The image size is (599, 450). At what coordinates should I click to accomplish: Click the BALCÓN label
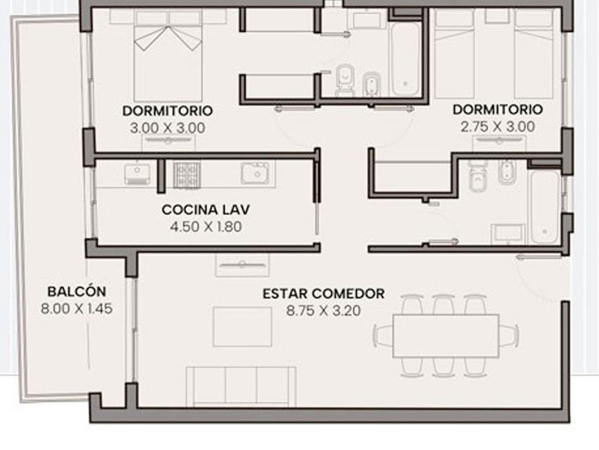(77, 291)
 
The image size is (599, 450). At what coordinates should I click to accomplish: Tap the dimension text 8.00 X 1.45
(77, 309)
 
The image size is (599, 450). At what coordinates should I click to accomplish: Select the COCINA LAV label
(205, 210)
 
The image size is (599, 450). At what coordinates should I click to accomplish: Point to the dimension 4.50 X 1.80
(206, 226)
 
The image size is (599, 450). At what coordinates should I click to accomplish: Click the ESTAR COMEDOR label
(323, 294)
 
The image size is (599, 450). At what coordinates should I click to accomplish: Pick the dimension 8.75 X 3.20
(323, 311)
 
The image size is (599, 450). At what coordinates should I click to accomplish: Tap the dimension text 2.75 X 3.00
(498, 126)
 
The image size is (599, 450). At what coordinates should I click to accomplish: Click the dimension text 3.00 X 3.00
(168, 128)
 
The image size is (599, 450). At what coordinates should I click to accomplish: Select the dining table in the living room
(446, 336)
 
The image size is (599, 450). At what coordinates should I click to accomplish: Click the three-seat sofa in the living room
(241, 386)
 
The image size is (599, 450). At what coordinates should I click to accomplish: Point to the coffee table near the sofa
(242, 326)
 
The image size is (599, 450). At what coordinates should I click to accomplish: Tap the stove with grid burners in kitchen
(187, 175)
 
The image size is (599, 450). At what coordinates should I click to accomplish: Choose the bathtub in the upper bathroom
(405, 59)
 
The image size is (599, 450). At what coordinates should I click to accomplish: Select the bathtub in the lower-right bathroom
(545, 207)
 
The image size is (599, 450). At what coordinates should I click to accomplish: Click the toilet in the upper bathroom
(344, 80)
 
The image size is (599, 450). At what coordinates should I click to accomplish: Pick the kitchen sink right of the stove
(258, 173)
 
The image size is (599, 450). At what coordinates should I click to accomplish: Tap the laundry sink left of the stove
(137, 174)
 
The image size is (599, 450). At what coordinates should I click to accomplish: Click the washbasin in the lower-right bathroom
(508, 234)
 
